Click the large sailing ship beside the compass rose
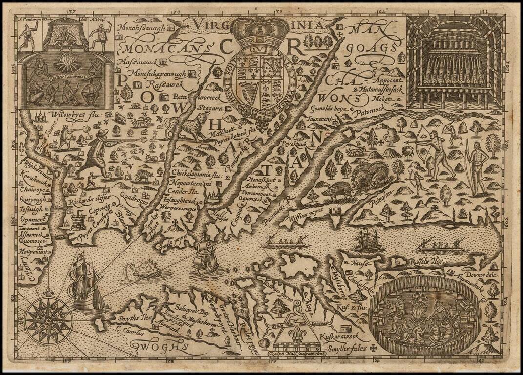tap(83, 283)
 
